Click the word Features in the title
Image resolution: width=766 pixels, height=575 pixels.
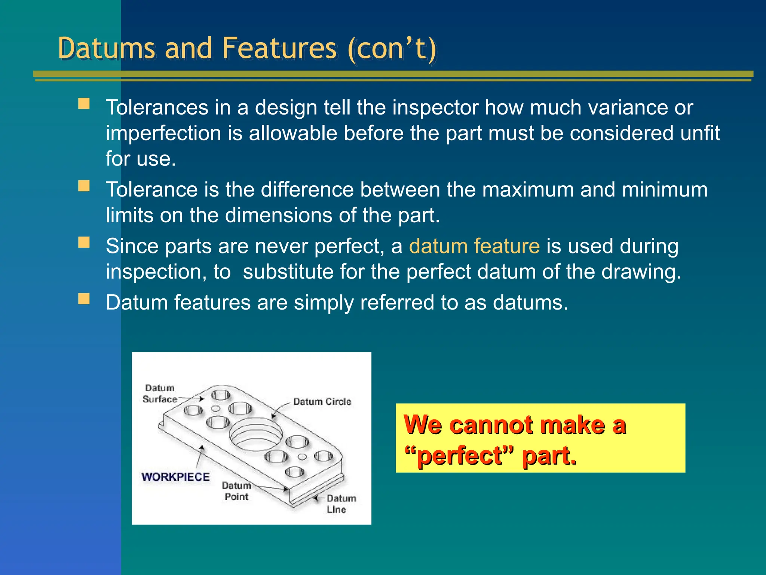tap(279, 49)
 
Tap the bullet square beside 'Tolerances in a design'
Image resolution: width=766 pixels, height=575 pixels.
tap(84, 104)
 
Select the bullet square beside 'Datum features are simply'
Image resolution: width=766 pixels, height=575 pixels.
tap(84, 299)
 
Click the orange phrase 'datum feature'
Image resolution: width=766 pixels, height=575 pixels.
tap(474, 246)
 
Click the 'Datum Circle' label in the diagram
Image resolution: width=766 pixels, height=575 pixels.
tap(322, 402)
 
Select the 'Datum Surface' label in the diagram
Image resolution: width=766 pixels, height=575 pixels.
tap(160, 394)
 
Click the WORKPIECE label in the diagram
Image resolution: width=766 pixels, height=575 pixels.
tap(175, 477)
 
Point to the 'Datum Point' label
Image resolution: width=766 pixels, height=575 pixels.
tap(236, 491)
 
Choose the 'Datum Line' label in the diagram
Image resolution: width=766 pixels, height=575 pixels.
tap(341, 504)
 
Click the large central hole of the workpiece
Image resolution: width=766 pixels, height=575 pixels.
tap(256, 434)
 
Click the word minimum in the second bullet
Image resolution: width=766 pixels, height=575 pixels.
tap(664, 190)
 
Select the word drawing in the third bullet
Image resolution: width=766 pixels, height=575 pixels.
tap(641, 272)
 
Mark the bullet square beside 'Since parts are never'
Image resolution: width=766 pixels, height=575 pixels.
tap(84, 243)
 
